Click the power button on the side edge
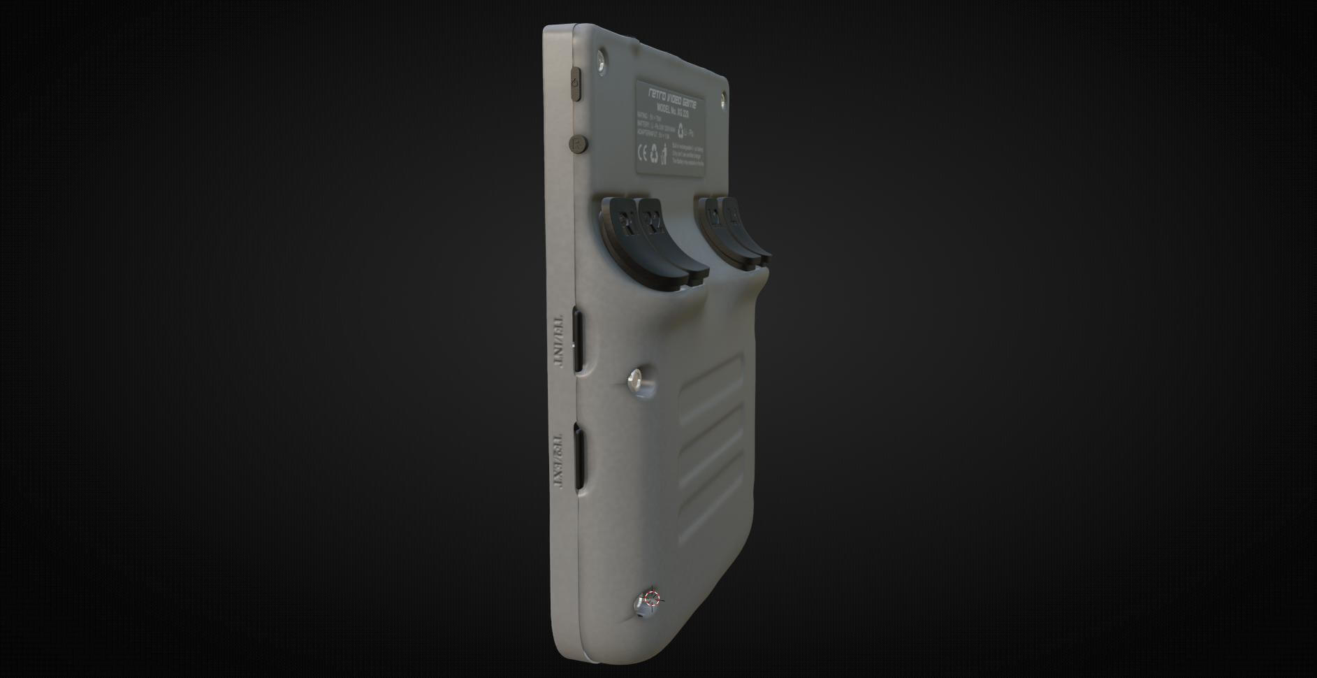[576, 84]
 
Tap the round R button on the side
[579, 144]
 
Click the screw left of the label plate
[602, 64]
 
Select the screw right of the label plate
[722, 96]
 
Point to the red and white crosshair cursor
[652, 598]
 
